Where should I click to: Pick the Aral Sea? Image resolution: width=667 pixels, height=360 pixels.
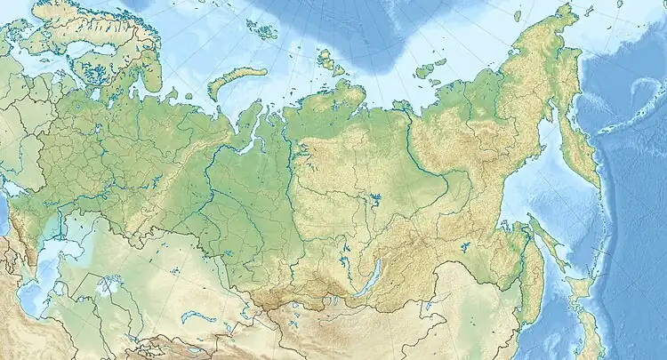point(108,286)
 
